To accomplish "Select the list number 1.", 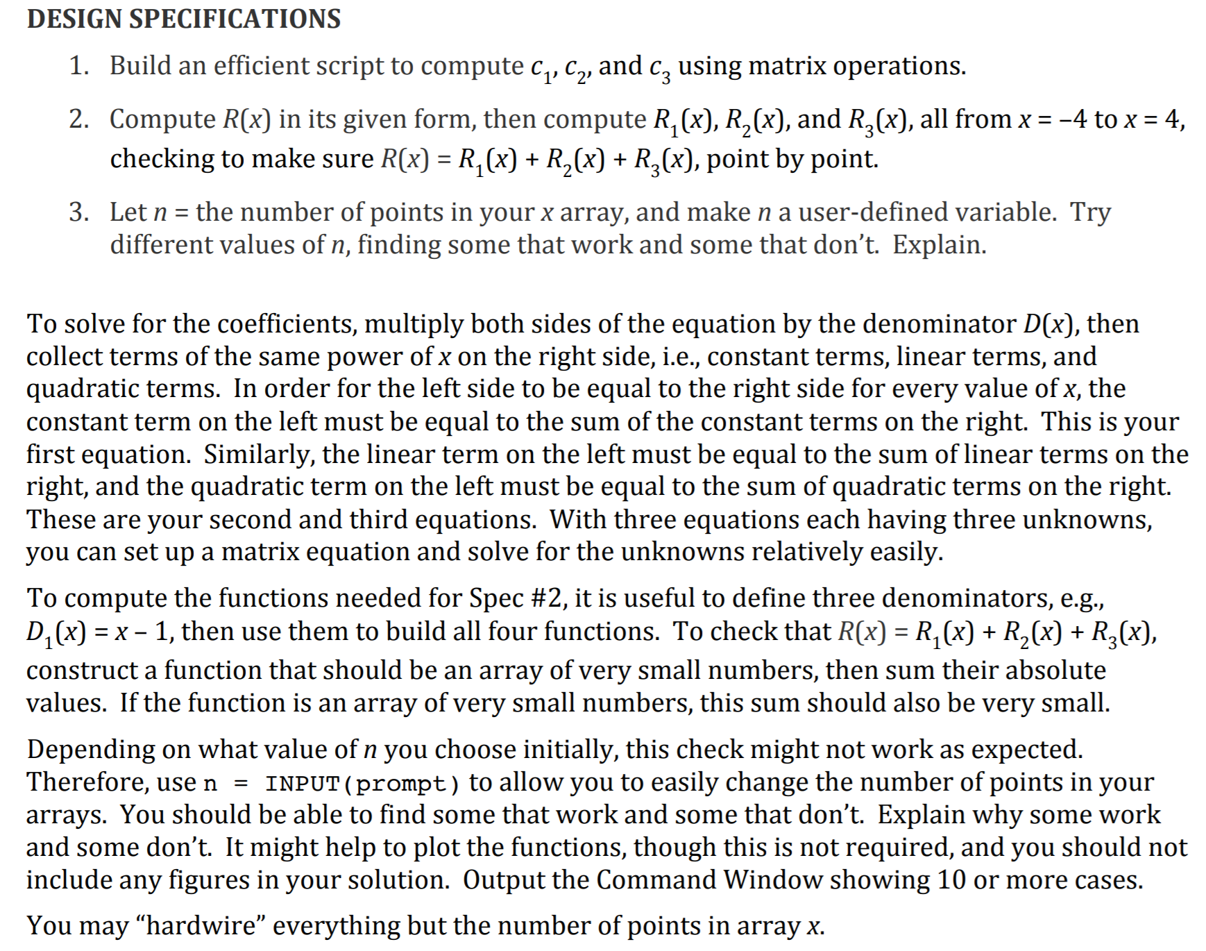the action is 78,66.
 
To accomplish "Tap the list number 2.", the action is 78,119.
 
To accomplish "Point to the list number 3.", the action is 78,212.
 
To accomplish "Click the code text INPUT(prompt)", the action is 362,784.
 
